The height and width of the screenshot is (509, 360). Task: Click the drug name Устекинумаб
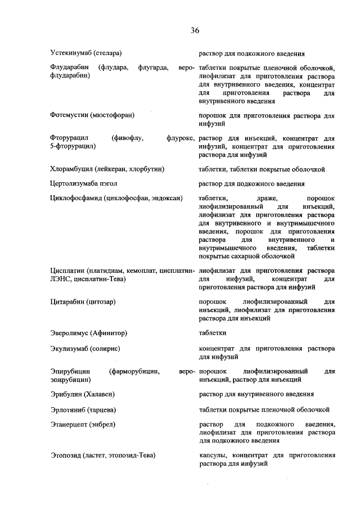(70, 53)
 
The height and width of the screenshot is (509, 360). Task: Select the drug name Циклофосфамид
(76, 198)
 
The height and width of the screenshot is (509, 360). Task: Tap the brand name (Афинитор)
(107, 332)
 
